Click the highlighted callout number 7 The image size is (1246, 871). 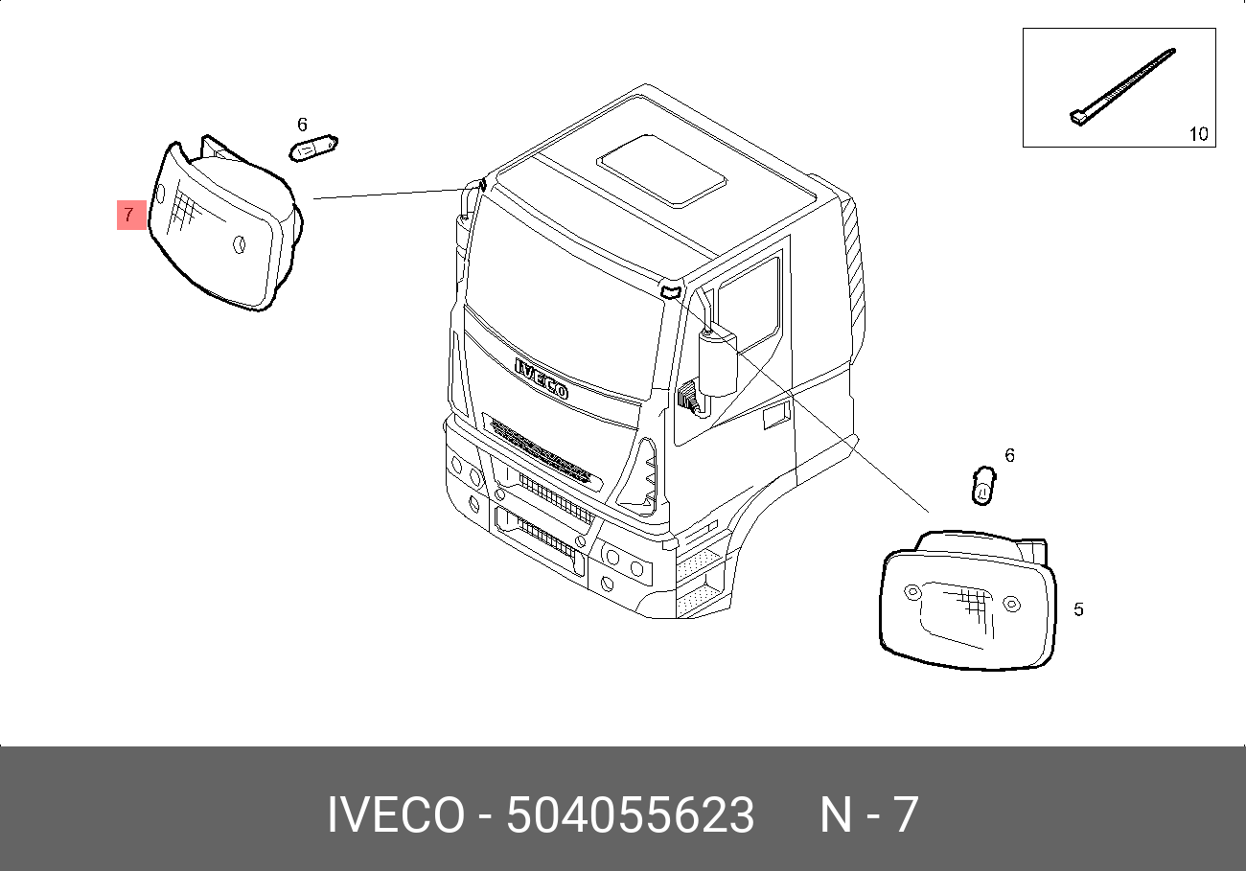click(x=130, y=216)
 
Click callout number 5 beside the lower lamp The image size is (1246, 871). click(x=1078, y=609)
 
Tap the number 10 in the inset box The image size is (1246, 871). click(x=1198, y=134)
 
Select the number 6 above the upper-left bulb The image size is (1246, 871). click(x=302, y=125)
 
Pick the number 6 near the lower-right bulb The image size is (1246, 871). click(x=1009, y=455)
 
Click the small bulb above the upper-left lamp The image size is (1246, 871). click(x=312, y=148)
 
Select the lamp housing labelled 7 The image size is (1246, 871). click(x=225, y=225)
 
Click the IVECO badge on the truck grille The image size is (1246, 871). click(x=542, y=378)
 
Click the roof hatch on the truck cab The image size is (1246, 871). click(x=661, y=169)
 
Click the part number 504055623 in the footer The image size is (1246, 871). click(x=630, y=815)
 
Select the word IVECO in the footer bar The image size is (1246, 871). click(x=396, y=815)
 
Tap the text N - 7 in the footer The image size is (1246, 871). click(x=868, y=815)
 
